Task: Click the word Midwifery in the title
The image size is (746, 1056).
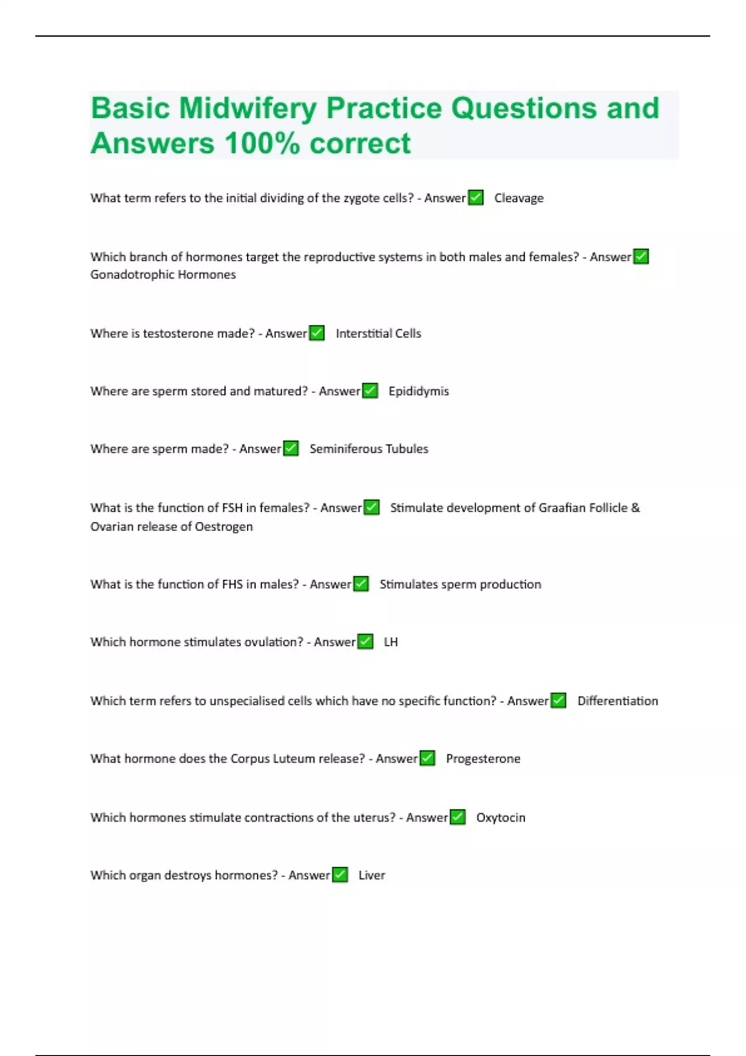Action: (x=247, y=108)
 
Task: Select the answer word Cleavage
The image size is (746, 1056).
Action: (x=518, y=198)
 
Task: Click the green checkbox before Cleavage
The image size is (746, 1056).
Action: (x=476, y=198)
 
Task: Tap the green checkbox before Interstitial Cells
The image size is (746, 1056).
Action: (x=317, y=333)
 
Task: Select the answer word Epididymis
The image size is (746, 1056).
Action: (x=418, y=391)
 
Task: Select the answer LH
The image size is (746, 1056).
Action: (x=390, y=642)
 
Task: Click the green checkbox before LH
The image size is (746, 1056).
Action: (x=366, y=642)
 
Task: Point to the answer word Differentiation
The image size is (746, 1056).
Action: (x=617, y=701)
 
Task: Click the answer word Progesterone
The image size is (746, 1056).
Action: (x=483, y=759)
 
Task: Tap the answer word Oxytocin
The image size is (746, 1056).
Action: (x=500, y=817)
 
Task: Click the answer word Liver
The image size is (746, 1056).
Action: (x=372, y=875)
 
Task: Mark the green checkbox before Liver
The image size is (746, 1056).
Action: (x=340, y=875)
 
